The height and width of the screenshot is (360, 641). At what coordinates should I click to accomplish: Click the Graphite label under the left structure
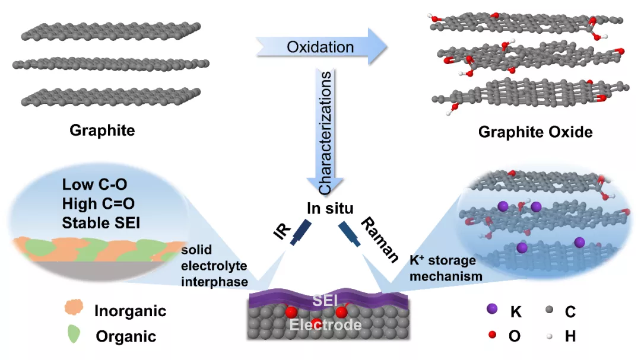pyautogui.click(x=102, y=130)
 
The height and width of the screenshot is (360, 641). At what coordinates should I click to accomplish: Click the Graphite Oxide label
pyautogui.click(x=535, y=132)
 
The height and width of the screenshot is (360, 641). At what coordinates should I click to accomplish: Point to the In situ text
pyautogui.click(x=330, y=208)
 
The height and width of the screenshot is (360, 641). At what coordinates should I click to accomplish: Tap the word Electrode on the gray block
pyautogui.click(x=325, y=325)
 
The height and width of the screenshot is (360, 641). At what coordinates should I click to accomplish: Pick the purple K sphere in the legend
pyautogui.click(x=491, y=310)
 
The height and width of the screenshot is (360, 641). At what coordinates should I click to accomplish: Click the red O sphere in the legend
pyautogui.click(x=491, y=336)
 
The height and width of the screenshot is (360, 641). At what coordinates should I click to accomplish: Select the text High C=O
pyautogui.click(x=98, y=204)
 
